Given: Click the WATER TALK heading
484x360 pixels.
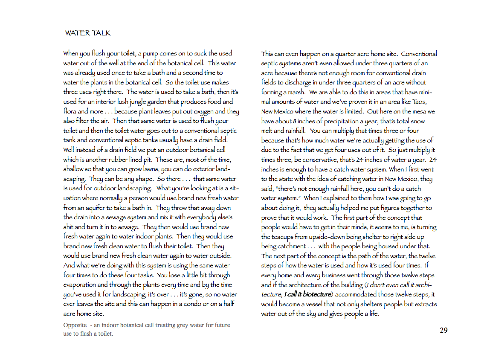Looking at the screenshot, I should (x=88, y=33).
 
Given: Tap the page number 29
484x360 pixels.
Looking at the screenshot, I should (x=443, y=330).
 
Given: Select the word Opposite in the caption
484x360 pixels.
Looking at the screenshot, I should (x=75, y=325).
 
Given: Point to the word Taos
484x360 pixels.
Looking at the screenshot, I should (x=430, y=102).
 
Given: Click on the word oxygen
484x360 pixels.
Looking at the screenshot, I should (x=206, y=111).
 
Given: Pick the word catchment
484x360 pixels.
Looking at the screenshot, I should (x=290, y=247).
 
